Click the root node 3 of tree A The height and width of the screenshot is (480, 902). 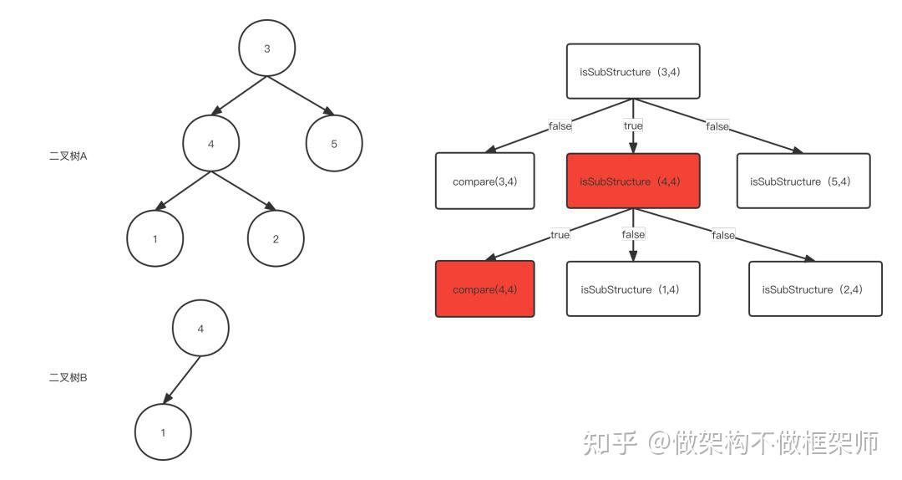point(267,49)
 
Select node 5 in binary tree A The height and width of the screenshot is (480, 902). point(334,144)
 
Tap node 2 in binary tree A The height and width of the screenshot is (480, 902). point(276,239)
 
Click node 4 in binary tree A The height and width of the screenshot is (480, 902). point(210,144)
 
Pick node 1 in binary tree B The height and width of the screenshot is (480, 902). point(163,432)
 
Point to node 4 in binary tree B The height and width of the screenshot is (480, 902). point(200,329)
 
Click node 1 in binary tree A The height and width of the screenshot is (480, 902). point(155,239)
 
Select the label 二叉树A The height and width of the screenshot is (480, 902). point(68,156)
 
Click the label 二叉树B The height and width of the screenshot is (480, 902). point(68,378)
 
